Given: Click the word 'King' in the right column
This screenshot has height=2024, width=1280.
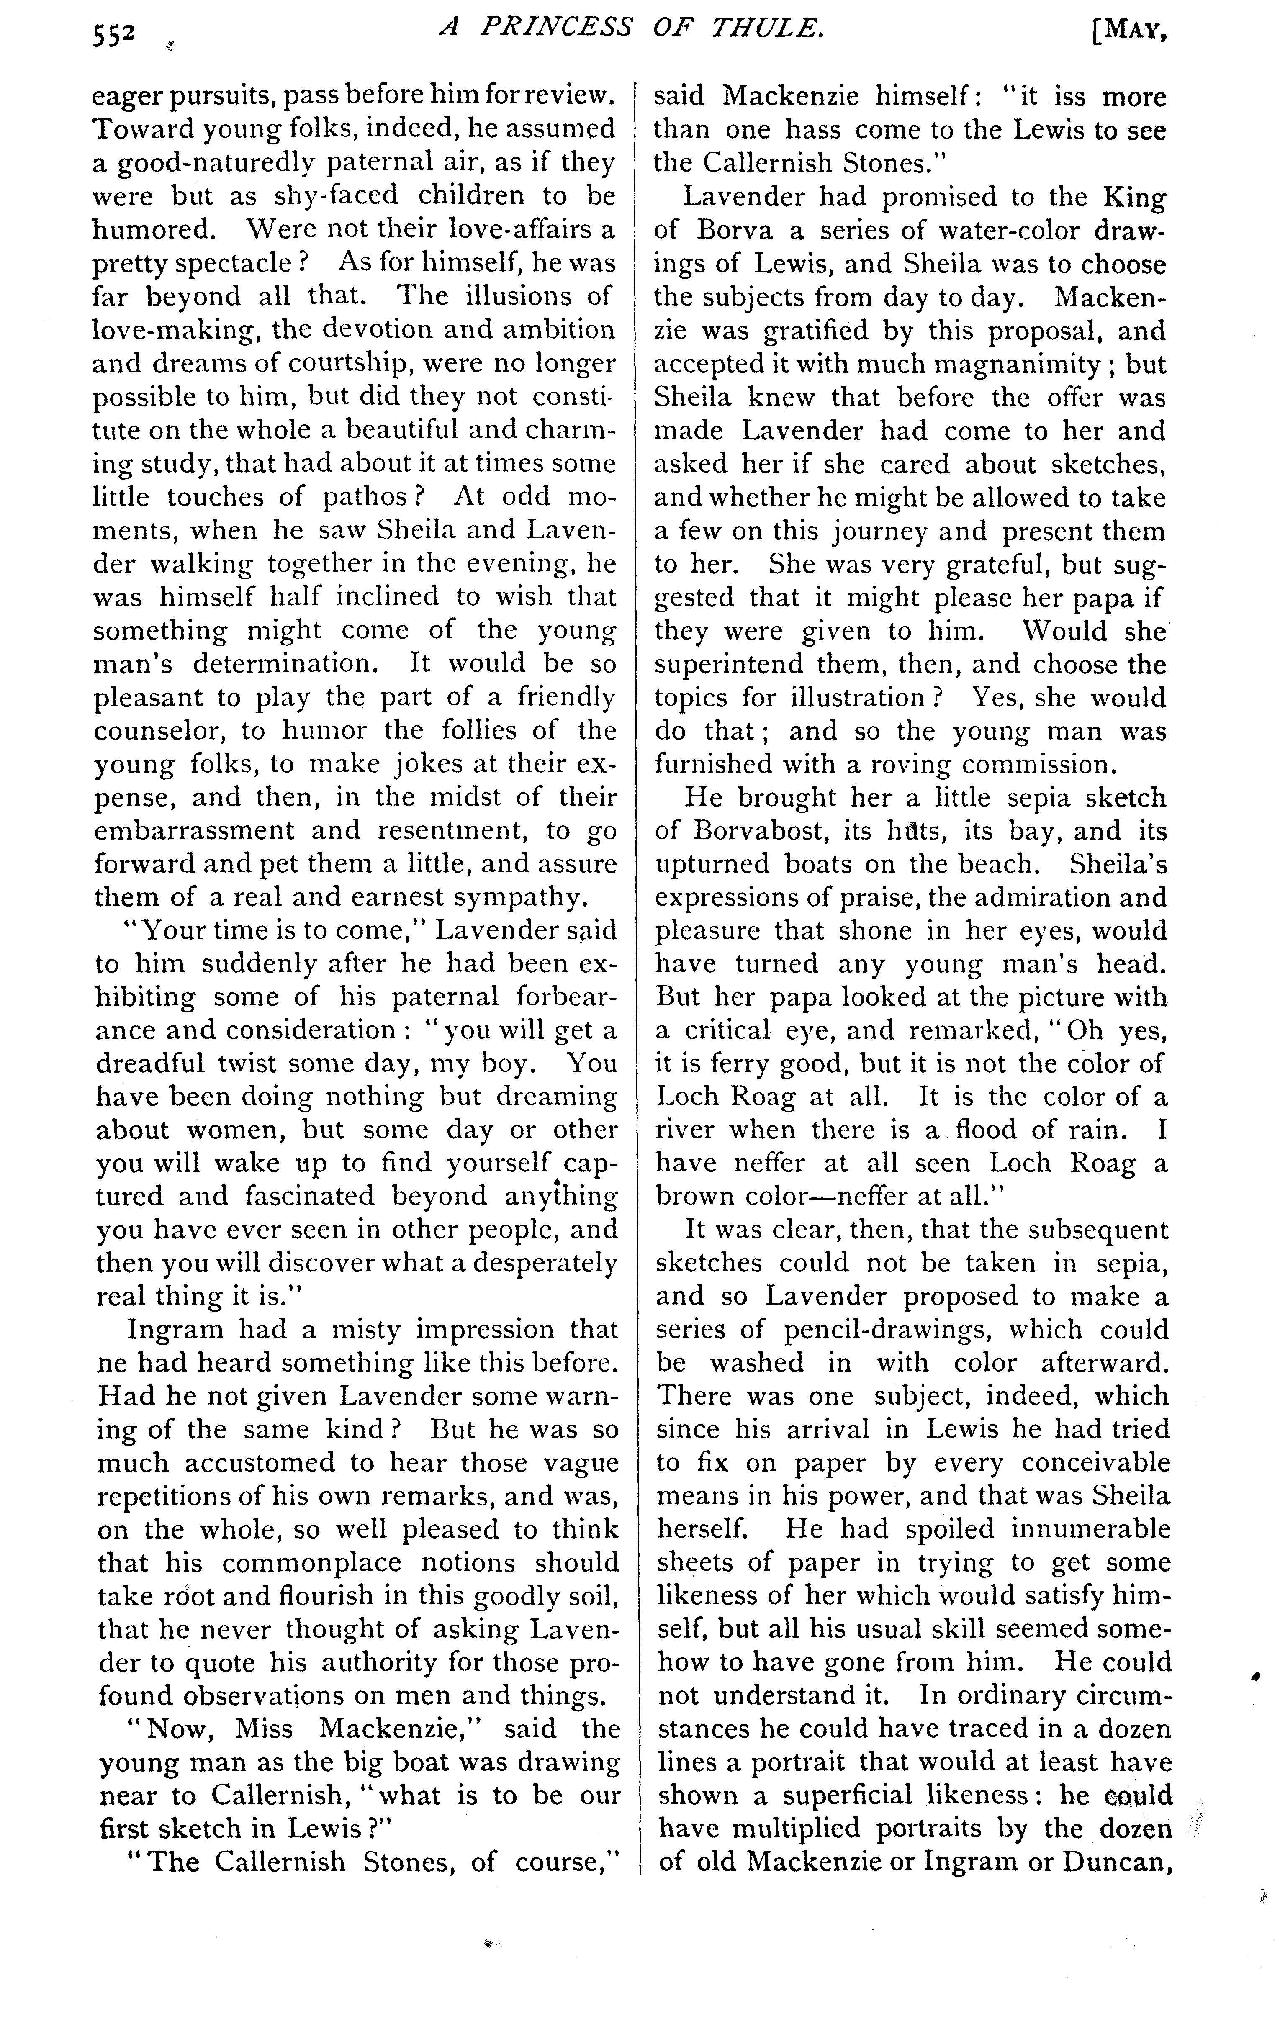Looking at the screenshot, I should pyautogui.click(x=1135, y=198).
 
